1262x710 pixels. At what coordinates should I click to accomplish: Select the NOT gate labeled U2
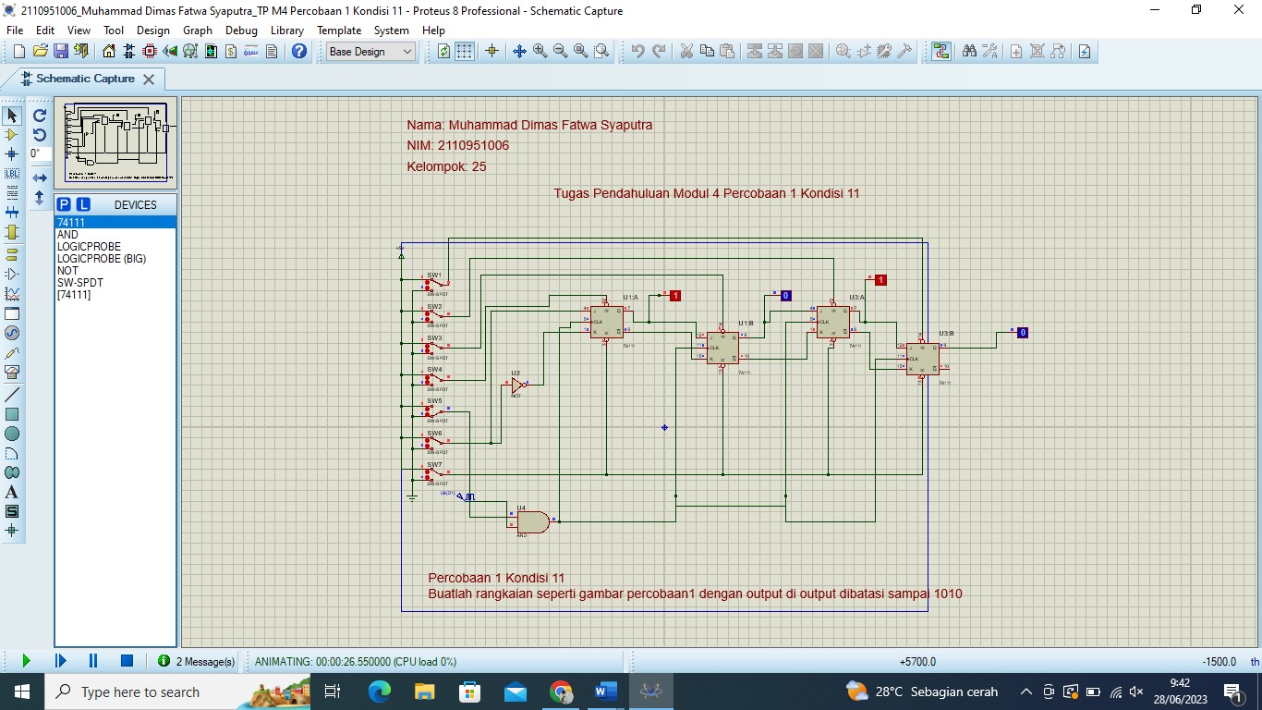pos(518,385)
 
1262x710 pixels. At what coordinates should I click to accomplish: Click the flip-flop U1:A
pos(607,321)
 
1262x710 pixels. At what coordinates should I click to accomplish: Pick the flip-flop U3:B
pos(922,359)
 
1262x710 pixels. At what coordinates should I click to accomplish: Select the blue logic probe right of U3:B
pos(1022,333)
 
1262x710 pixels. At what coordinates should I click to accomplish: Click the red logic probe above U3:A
pos(880,280)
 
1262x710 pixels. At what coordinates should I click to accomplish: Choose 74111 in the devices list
pos(71,223)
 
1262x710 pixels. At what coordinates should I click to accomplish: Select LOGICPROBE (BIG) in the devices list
pos(102,259)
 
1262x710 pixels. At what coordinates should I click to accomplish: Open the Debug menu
pos(241,30)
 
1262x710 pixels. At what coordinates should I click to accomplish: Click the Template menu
pos(339,30)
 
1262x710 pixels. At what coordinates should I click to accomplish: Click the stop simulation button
pos(127,661)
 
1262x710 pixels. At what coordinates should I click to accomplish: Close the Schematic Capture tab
pos(148,80)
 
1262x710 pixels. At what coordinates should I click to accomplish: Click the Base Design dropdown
pos(370,52)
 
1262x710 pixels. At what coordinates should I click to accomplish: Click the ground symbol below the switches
pos(412,497)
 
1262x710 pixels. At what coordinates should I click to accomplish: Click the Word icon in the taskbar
pos(606,692)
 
